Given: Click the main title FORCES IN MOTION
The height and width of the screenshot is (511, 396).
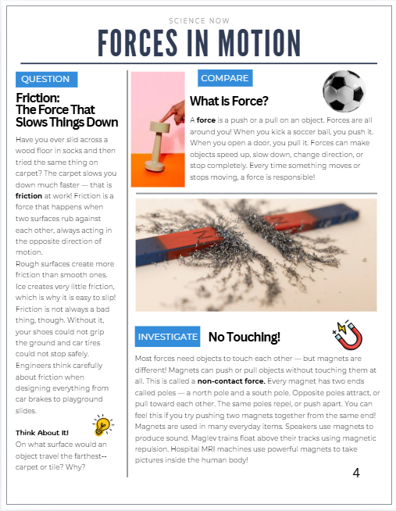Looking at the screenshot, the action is (199, 42).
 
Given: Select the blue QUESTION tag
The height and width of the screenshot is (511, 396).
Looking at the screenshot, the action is (45, 79).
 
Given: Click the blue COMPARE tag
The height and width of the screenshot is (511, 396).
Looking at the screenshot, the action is (225, 78).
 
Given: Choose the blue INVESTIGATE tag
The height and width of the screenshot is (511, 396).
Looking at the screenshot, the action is (167, 337).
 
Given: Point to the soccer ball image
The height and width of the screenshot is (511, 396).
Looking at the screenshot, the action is (344, 91).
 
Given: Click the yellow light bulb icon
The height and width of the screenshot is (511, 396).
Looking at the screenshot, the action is (102, 426).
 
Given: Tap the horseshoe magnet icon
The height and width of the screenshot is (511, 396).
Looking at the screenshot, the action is (348, 335).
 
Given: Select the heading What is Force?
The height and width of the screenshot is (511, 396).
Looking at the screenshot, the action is (229, 102).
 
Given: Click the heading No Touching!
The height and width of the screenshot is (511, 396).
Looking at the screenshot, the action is (244, 338).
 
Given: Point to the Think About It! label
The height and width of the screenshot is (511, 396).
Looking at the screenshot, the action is (42, 432).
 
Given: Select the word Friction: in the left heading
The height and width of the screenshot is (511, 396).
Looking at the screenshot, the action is (37, 98).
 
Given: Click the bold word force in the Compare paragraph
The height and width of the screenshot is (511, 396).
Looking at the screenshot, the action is (206, 121).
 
